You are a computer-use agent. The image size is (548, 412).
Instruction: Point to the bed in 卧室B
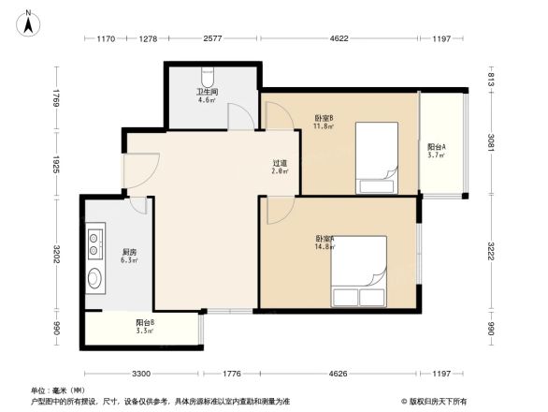click(x=375, y=154)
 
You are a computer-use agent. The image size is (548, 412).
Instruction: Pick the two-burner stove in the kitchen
click(x=96, y=244)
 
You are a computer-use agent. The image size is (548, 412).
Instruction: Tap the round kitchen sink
click(x=95, y=278)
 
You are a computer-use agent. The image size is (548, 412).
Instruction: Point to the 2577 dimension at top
click(x=212, y=38)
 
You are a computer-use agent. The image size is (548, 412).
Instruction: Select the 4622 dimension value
click(x=339, y=38)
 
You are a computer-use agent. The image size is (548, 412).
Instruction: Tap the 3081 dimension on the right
click(x=490, y=146)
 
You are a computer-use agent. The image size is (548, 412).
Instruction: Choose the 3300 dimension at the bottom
click(x=140, y=374)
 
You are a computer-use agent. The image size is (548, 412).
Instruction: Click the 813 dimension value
click(x=490, y=81)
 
